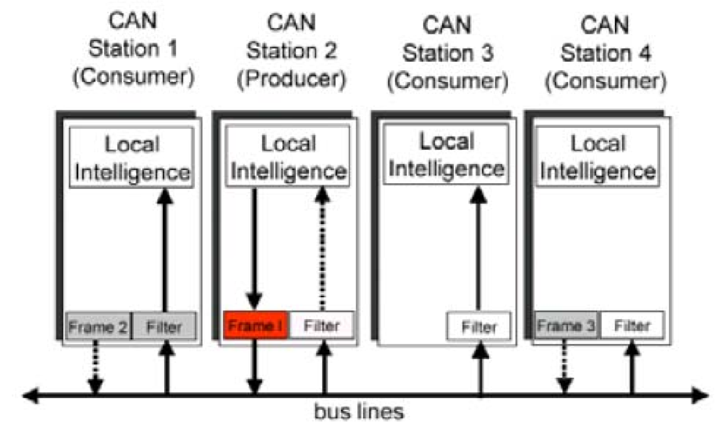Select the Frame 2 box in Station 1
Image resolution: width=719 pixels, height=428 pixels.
point(98,326)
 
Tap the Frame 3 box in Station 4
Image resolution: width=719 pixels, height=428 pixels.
point(566,325)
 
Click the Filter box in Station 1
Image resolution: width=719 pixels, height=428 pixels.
point(164,326)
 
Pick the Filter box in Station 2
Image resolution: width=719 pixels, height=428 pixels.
point(321,325)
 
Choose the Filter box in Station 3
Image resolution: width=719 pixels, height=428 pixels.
point(478,326)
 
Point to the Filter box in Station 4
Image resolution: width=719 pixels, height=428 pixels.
point(632,325)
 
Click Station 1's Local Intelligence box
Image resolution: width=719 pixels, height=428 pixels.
point(131,158)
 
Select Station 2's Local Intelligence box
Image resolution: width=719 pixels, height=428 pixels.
point(288,157)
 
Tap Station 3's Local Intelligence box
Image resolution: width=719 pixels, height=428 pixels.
point(446,155)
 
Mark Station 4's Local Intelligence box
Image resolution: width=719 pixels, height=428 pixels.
point(598,157)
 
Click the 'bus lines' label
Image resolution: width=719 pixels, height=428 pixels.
point(359,412)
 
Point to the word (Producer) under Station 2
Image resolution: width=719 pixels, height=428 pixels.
point(291,79)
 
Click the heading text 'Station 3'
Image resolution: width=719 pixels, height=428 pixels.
point(448,53)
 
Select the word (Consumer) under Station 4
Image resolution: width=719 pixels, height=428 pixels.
point(605,81)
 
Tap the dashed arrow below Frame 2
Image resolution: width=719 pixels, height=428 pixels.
point(95,366)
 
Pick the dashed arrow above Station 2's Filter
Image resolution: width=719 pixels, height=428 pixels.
point(322,249)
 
